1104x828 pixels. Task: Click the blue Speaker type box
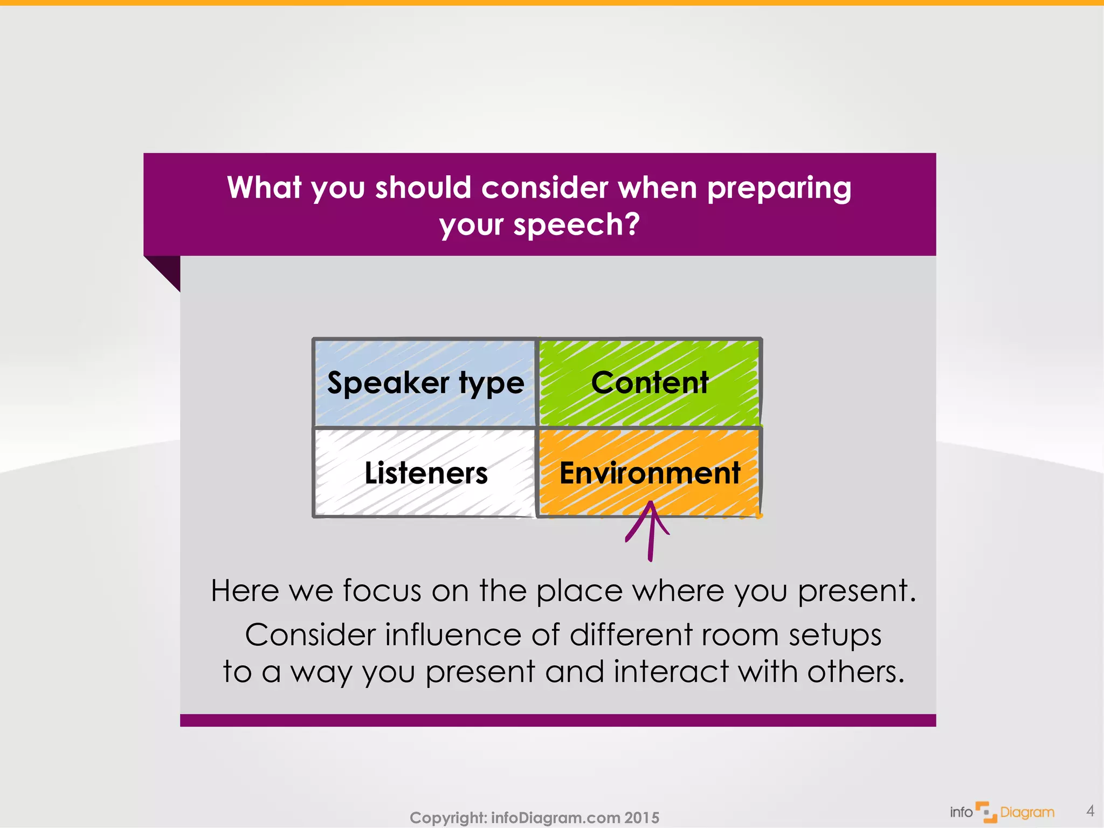point(425,383)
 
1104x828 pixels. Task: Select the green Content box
point(650,383)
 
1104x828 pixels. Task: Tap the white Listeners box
point(425,473)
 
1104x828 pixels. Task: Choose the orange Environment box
point(650,473)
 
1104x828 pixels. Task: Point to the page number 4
point(1090,811)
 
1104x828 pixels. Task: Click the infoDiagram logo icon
point(986,812)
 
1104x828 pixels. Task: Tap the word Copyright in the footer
point(447,818)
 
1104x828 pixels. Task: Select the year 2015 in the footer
point(641,818)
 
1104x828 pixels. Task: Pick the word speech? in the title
point(576,225)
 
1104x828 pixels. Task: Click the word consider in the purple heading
point(544,188)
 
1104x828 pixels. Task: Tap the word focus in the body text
point(382,590)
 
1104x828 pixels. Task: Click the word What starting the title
point(264,188)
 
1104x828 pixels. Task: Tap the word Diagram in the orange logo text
point(1027,812)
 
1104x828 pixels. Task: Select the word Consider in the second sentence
point(310,634)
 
